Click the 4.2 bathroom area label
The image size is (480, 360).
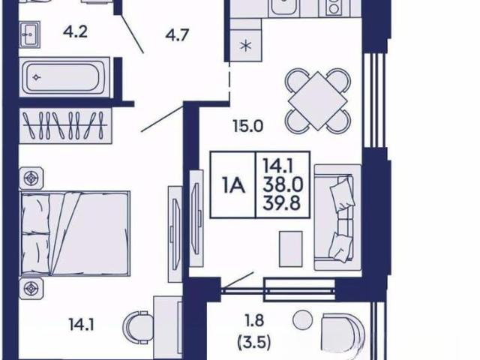[x=75, y=31]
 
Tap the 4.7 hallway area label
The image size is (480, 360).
[x=177, y=35]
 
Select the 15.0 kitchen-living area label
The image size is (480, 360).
[x=247, y=126]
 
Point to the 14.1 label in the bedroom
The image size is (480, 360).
[x=81, y=325]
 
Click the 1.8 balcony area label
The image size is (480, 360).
[x=254, y=321]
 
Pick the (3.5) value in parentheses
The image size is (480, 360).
[x=254, y=343]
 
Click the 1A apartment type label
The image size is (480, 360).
[x=234, y=185]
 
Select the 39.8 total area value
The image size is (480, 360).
[x=281, y=202]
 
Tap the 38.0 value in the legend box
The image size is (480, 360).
[x=283, y=184]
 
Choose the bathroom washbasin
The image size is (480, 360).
[x=30, y=34]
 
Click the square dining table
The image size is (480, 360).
[x=317, y=100]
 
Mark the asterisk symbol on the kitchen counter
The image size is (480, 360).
[x=246, y=46]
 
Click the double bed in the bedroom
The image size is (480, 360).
[x=75, y=233]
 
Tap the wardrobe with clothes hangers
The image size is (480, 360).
[x=65, y=125]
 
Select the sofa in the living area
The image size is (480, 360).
[x=337, y=217]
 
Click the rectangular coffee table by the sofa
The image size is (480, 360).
[x=291, y=249]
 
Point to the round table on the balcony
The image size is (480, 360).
[x=303, y=319]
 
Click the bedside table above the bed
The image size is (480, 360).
[x=31, y=178]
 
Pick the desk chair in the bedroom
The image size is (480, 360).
[x=138, y=326]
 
